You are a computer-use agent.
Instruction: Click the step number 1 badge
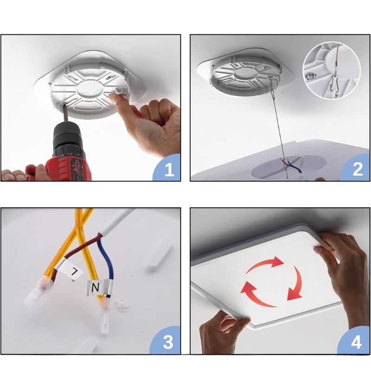tap(167, 168)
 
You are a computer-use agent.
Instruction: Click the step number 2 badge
tap(356, 168)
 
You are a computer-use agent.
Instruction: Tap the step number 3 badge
tap(167, 341)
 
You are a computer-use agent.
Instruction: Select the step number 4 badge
tap(355, 341)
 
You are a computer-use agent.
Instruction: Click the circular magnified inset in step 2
tap(332, 70)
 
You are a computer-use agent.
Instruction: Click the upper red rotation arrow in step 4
tap(265, 264)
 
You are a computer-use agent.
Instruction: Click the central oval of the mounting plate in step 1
tap(90, 90)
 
